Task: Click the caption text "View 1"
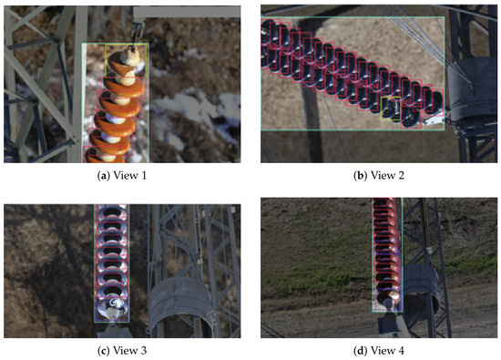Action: click(x=130, y=176)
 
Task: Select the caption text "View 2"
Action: click(x=387, y=176)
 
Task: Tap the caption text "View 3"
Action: click(x=130, y=350)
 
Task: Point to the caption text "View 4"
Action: click(x=387, y=351)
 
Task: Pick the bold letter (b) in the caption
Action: click(x=361, y=176)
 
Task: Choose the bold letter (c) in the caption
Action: click(x=104, y=350)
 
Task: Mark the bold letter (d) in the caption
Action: click(x=361, y=351)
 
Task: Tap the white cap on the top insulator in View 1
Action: click(x=129, y=57)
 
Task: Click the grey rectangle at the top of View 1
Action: click(x=187, y=12)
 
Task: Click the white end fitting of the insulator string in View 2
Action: click(x=434, y=119)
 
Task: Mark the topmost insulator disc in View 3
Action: click(x=112, y=211)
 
